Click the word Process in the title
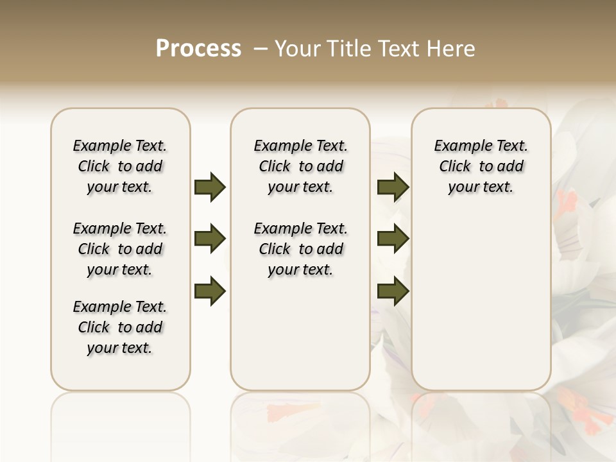[198, 49]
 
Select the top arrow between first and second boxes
[210, 187]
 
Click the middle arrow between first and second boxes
[210, 239]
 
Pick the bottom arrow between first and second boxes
[210, 291]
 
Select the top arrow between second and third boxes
[393, 187]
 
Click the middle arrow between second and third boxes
[393, 239]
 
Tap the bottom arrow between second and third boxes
[393, 291]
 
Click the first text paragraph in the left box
[120, 166]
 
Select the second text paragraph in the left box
[120, 249]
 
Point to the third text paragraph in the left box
[120, 327]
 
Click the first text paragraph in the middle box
[300, 166]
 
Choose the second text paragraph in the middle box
[300, 249]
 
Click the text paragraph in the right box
[481, 166]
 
